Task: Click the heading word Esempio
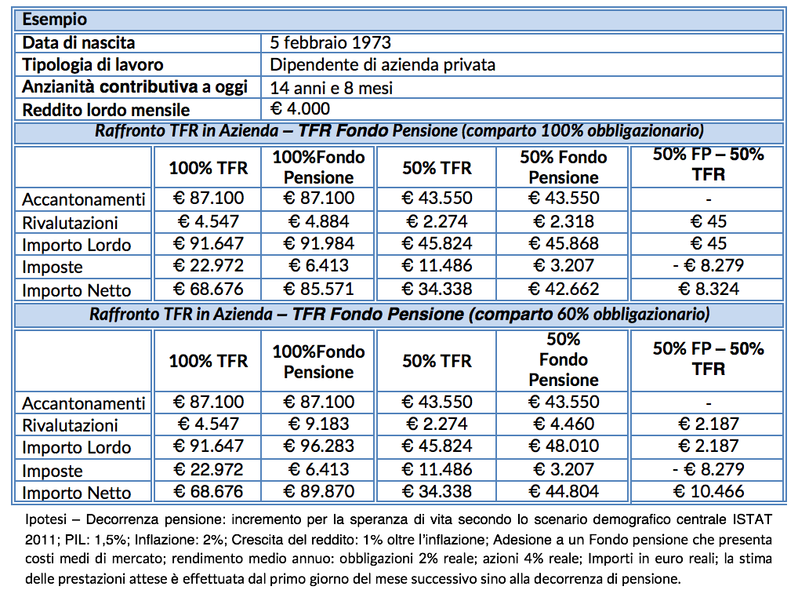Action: tap(55, 19)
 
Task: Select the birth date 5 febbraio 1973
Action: tap(330, 42)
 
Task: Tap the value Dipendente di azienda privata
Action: tap(383, 64)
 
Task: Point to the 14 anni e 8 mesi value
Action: tap(331, 87)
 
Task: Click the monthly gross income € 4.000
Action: tap(300, 108)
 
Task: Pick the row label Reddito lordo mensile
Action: tap(106, 110)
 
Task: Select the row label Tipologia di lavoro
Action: tap(92, 64)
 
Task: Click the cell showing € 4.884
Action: tap(318, 221)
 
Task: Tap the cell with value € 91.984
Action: tap(318, 243)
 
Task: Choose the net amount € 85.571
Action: tap(318, 289)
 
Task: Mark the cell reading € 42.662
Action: tap(564, 289)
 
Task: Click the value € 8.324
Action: tap(708, 289)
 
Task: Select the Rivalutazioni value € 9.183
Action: tap(318, 424)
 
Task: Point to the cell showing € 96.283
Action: tap(318, 447)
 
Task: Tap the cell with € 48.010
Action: tap(564, 447)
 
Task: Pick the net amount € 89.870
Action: tap(318, 492)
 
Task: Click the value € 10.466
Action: tap(708, 492)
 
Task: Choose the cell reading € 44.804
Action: tap(564, 492)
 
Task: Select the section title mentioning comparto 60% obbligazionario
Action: tap(400, 315)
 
